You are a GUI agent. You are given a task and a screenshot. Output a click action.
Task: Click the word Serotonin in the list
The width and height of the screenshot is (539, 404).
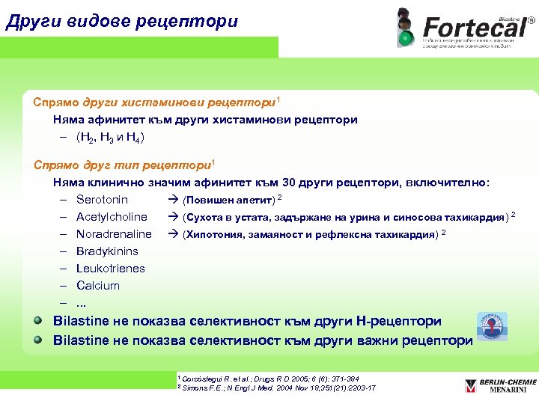102,200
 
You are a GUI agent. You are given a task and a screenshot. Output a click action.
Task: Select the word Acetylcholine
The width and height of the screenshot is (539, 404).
112,217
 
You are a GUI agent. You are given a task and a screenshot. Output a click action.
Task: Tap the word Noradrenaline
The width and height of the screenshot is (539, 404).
114,234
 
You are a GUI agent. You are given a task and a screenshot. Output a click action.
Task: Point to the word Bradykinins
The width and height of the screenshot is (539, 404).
107,251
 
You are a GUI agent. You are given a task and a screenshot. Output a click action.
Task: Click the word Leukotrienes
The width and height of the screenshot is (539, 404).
111,269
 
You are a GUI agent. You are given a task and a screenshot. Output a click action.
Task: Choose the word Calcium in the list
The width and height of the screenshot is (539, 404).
98,286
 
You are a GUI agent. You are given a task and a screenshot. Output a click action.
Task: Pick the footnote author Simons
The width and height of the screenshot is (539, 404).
196,388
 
